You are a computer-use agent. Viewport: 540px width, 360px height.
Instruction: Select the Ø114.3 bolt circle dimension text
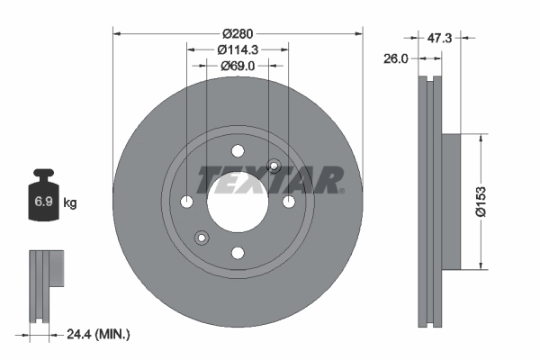point(238,50)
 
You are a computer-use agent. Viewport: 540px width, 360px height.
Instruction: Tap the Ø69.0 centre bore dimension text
point(238,65)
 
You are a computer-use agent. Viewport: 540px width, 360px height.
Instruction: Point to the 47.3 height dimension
point(439,39)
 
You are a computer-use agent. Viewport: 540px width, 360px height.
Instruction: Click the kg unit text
point(70,203)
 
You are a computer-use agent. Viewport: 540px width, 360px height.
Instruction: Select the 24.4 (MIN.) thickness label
point(96,334)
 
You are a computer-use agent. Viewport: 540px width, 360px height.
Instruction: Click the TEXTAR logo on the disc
point(270,179)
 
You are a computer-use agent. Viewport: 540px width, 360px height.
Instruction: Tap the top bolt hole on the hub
point(238,150)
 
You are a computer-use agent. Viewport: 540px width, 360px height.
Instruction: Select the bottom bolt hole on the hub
point(238,253)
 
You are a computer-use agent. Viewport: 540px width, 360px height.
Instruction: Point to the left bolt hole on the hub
point(186,202)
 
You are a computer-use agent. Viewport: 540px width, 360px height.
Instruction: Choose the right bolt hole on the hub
point(289,202)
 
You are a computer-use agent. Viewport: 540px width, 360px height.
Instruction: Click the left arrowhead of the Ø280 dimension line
point(117,34)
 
